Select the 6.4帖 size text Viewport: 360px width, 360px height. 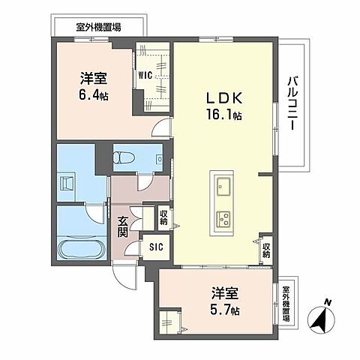coord(94,95)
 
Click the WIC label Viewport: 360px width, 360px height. coord(145,74)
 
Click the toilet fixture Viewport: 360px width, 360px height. coord(124,158)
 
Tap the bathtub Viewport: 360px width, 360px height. coord(81,248)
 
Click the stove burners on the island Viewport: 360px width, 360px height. coord(224,219)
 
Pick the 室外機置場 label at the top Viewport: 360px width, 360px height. coord(98,26)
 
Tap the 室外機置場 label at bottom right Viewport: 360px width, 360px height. coord(287,304)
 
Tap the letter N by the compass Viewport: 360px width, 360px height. coord(328,302)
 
